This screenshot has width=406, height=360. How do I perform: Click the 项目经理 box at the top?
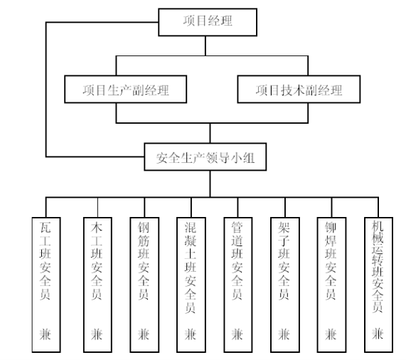pos(208,22)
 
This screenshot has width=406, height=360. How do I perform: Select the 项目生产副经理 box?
pos(126,90)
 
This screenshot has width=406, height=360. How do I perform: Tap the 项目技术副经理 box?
pos(299,90)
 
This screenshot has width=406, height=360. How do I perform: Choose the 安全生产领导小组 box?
pos(205,157)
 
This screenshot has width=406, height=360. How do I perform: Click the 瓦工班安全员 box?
pos(46,285)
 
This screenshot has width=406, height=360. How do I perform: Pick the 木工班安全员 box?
pos(97,285)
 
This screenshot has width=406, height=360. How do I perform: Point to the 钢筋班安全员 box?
pos(144,285)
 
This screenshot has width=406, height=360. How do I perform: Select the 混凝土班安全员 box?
pos(191,285)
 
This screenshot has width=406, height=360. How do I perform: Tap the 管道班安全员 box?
pos(238,285)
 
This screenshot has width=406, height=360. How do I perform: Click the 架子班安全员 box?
pos(285,285)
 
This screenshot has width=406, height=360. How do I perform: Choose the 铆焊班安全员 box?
pos(331,285)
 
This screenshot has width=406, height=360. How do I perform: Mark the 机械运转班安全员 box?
pos(378,285)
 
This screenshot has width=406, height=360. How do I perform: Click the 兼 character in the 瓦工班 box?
pos(45,334)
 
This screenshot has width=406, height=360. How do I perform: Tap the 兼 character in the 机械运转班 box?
pos(378,334)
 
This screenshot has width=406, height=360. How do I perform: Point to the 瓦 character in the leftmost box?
pos(45,227)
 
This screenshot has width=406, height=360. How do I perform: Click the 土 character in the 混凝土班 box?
pos(191,254)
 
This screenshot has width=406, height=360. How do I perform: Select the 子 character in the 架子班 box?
pos(284,240)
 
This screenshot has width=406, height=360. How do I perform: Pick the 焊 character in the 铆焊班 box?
pos(331,240)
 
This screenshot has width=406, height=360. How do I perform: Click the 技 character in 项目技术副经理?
pos(287,90)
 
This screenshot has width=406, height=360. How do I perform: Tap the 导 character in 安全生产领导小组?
pos(224,157)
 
